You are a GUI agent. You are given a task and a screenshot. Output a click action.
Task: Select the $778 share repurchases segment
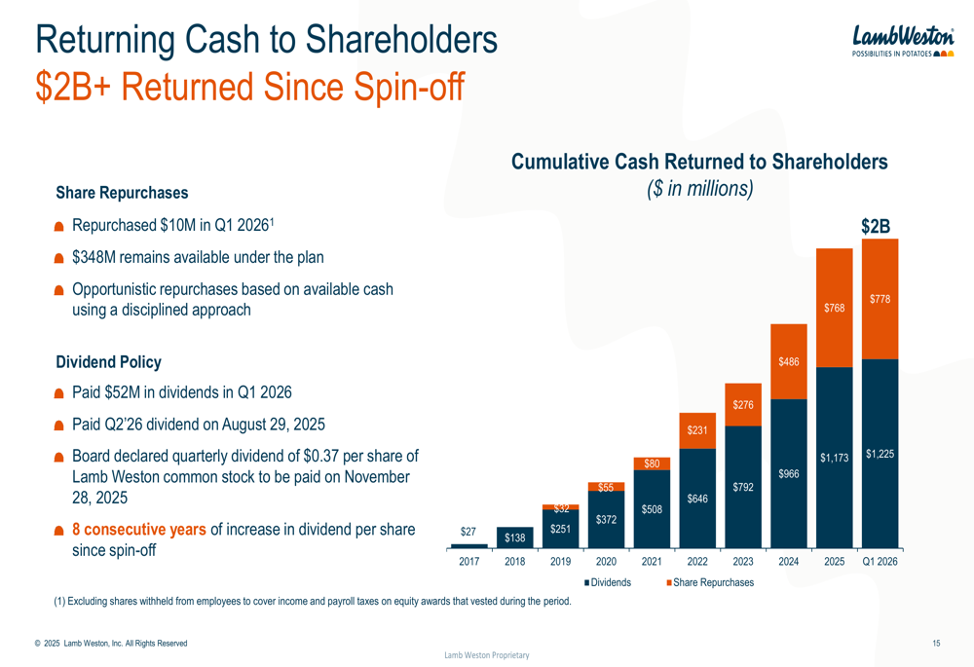point(880,300)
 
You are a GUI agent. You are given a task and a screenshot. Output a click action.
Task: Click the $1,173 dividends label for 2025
point(835,457)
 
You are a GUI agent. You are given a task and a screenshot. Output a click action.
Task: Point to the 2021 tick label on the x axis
point(652,561)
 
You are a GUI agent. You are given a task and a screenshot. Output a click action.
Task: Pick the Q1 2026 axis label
point(880,561)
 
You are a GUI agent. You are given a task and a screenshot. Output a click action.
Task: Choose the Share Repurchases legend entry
point(712,582)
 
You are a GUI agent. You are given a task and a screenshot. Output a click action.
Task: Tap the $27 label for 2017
point(468,532)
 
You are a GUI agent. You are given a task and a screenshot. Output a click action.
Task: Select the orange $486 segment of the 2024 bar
point(789,362)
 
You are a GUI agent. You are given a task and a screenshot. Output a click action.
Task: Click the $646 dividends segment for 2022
point(697,499)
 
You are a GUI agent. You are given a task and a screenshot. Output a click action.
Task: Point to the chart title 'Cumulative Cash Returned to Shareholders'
point(699,162)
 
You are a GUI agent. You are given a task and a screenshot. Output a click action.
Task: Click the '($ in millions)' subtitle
point(699,188)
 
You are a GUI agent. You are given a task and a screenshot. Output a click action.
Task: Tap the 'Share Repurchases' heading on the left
point(122,193)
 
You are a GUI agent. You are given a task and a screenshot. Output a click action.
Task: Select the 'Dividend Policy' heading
point(108,362)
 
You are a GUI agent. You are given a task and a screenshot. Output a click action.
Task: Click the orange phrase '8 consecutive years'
point(138,530)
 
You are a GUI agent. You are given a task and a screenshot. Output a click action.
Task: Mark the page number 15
point(936,643)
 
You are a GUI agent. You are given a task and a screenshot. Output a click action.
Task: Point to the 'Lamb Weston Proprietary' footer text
point(487,655)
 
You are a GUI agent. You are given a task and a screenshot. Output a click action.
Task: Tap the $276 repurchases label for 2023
point(743,404)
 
